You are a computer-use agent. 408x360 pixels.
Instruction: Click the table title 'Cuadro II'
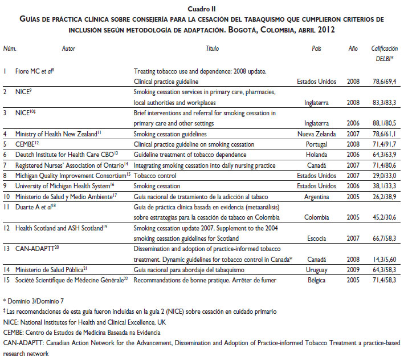tap(204, 9)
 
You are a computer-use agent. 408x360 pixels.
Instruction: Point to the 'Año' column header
tap(353, 50)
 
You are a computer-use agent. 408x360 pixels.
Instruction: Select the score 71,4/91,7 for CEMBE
tap(384, 144)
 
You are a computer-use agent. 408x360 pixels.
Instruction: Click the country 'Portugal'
tap(328, 144)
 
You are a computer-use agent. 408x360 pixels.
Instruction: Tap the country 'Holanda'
tap(327, 154)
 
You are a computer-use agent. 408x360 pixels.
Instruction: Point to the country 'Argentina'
tap(325, 196)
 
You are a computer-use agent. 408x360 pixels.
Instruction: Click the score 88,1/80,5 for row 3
tap(384, 123)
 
